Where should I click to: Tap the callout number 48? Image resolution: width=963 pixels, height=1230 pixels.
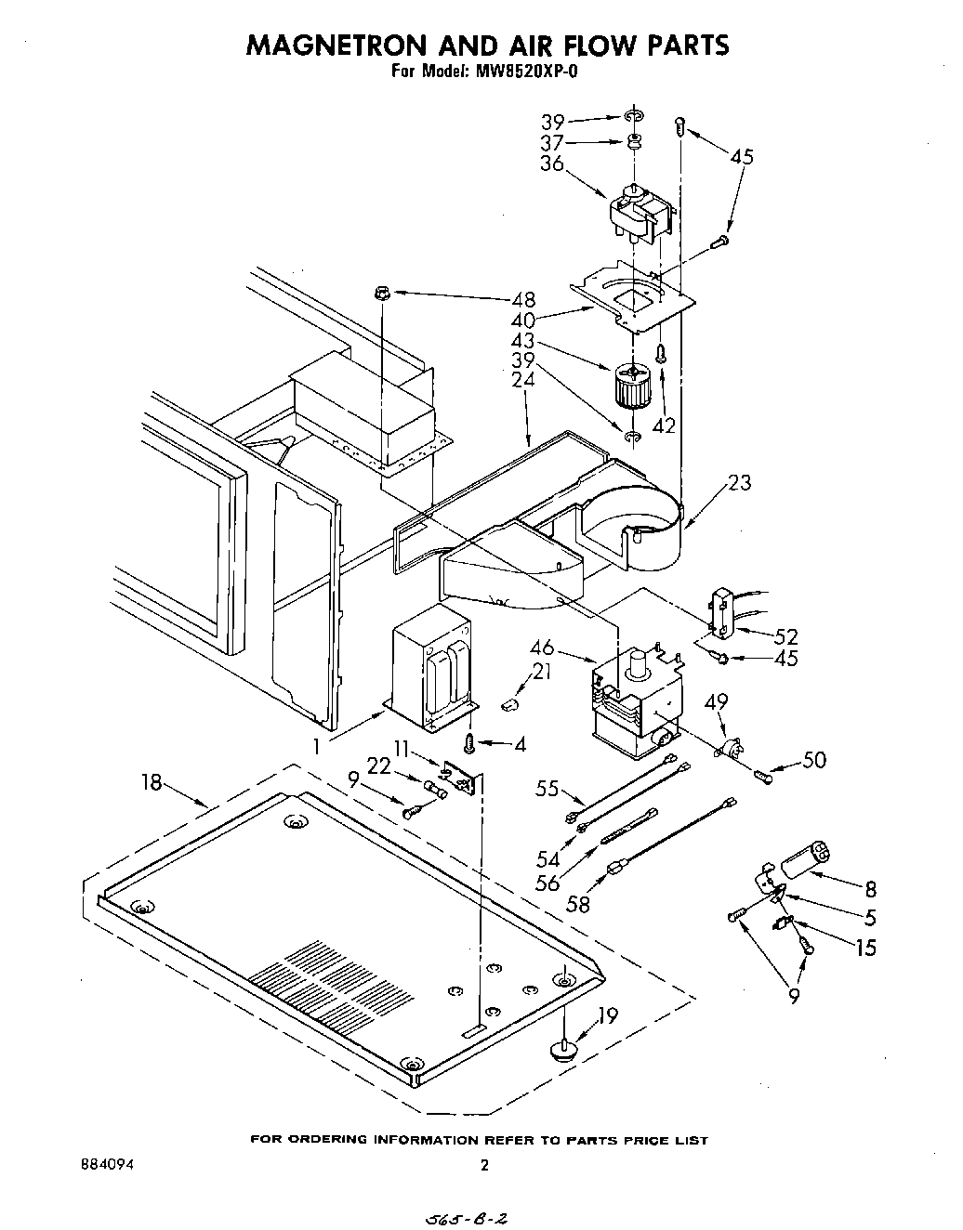523,299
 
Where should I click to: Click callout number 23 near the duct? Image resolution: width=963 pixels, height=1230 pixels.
740,482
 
